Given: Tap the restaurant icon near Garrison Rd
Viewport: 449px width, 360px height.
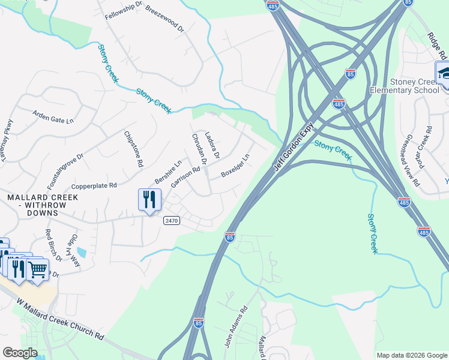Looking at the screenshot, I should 149,199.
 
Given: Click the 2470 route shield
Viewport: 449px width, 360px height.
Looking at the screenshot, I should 172,221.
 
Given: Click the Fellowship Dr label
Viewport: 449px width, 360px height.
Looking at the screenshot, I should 124,10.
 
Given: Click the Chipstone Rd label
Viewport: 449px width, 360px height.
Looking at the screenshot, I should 134,149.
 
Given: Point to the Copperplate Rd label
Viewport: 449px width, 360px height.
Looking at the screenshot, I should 94,186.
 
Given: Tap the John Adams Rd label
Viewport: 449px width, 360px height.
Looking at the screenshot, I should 235,328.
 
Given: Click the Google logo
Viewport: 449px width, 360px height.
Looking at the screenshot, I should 19,353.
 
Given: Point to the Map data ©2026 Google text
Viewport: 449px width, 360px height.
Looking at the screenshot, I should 412,355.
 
